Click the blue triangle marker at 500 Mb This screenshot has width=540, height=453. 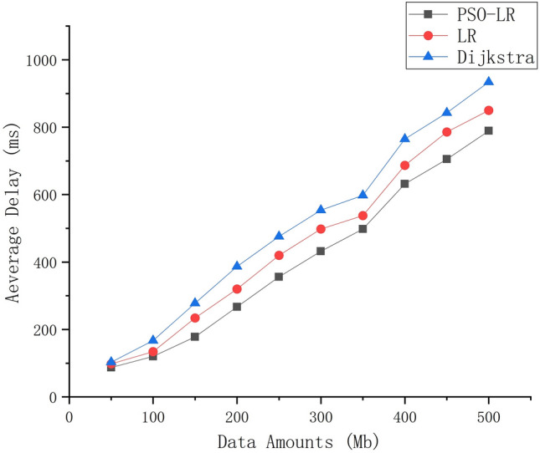pyautogui.click(x=488, y=82)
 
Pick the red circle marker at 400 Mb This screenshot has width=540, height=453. pyautogui.click(x=404, y=165)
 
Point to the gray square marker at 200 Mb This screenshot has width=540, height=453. pyautogui.click(x=237, y=307)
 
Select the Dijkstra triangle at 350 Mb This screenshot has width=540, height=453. pyautogui.click(x=363, y=194)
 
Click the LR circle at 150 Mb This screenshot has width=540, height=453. pyautogui.click(x=195, y=318)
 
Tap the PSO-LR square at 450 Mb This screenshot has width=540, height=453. pyautogui.click(x=446, y=159)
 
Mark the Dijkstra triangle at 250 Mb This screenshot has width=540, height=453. pyautogui.click(x=279, y=236)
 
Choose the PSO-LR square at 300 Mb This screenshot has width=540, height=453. pyautogui.click(x=321, y=251)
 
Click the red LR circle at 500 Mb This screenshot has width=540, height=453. pyautogui.click(x=488, y=110)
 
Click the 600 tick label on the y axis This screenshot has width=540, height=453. pyautogui.click(x=49, y=195)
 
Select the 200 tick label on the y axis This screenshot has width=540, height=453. pyautogui.click(x=49, y=329)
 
